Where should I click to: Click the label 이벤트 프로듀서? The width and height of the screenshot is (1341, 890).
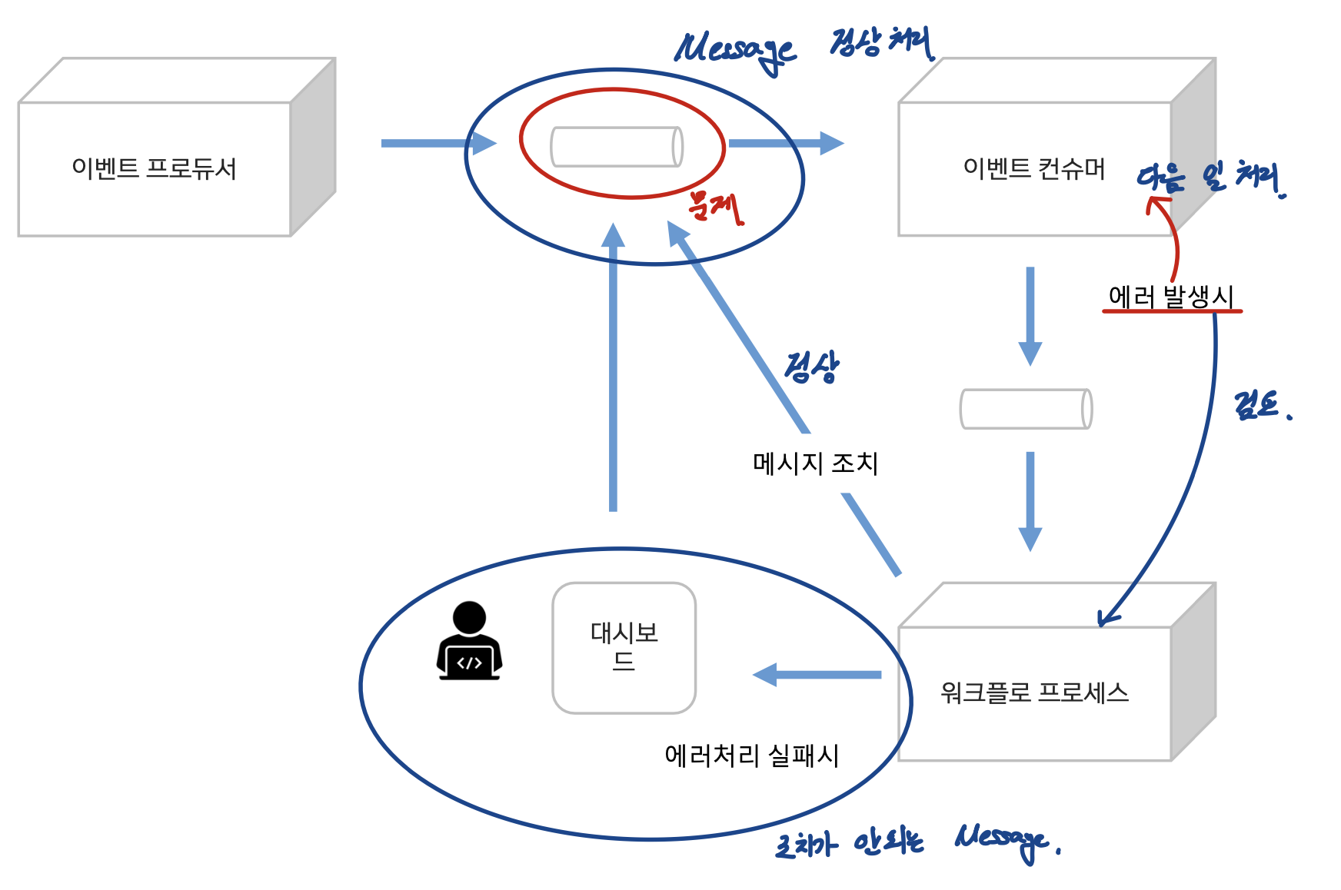pyautogui.click(x=154, y=168)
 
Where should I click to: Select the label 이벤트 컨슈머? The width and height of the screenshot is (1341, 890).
pyautogui.click(x=1033, y=168)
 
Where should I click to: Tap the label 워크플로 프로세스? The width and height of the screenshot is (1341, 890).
pyautogui.click(x=1033, y=693)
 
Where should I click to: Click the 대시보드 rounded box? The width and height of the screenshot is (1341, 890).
pyautogui.click(x=624, y=648)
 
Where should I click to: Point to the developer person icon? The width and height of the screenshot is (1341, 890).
pyautogui.click(x=469, y=641)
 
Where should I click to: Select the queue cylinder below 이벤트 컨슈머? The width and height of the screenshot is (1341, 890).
pyautogui.click(x=1026, y=409)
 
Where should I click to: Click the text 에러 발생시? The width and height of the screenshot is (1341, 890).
pyautogui.click(x=1170, y=297)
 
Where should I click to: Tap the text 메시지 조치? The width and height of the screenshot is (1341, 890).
pyautogui.click(x=815, y=463)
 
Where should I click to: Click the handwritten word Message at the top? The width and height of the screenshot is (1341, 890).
pyautogui.click(x=734, y=50)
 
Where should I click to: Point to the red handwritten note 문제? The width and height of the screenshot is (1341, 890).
pyautogui.click(x=715, y=206)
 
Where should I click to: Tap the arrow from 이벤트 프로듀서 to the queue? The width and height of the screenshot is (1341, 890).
pyautogui.click(x=438, y=143)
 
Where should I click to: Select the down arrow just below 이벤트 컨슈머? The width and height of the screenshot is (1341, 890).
pyautogui.click(x=1030, y=315)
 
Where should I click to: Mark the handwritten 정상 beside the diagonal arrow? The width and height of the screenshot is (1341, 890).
pyautogui.click(x=812, y=367)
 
